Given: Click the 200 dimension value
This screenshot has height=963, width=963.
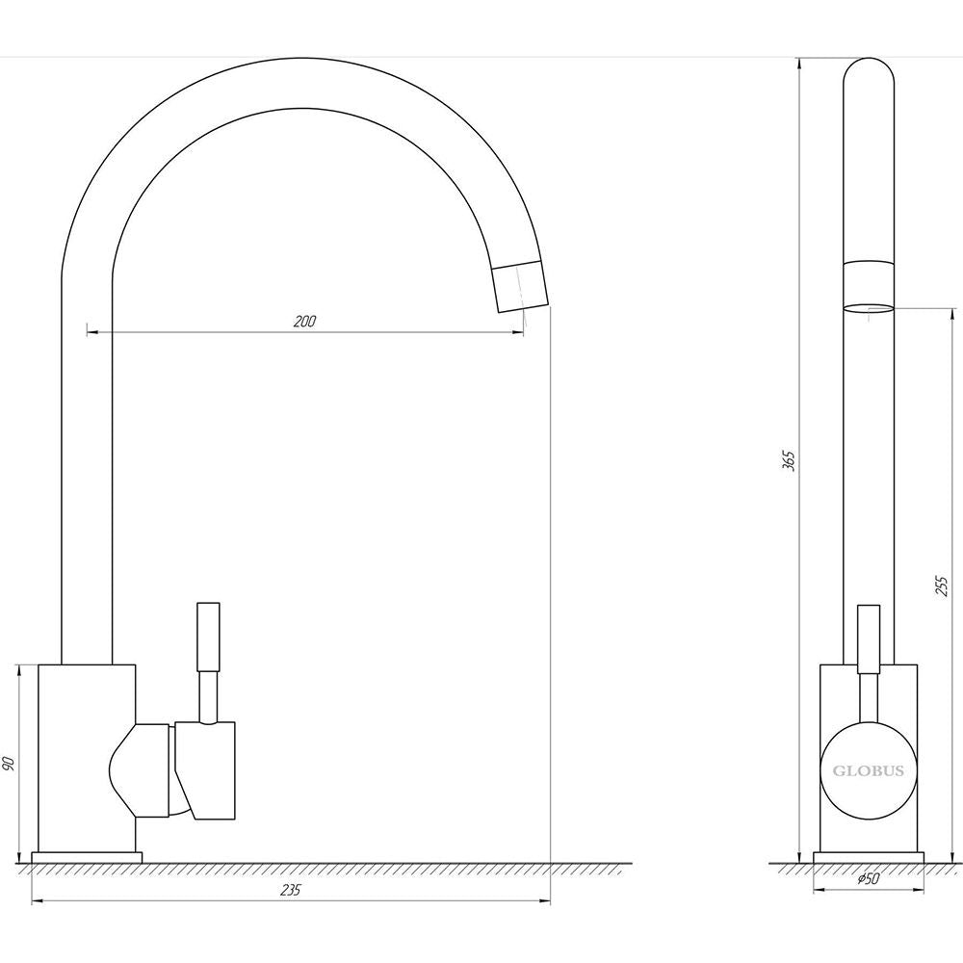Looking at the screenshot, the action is (304, 322).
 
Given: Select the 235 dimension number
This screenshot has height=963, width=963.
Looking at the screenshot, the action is (290, 890).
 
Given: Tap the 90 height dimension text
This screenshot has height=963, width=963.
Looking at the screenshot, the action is (8, 764).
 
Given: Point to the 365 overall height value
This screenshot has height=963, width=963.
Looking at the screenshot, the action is (790, 460).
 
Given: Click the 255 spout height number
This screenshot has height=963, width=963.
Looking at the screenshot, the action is (942, 586).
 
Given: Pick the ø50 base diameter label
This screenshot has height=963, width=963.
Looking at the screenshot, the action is (868, 879).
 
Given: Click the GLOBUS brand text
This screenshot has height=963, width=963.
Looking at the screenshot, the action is (869, 770).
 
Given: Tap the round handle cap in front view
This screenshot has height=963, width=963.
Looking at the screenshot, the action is (869, 770).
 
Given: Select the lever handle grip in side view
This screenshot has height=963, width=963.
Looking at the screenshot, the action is (208, 637).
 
